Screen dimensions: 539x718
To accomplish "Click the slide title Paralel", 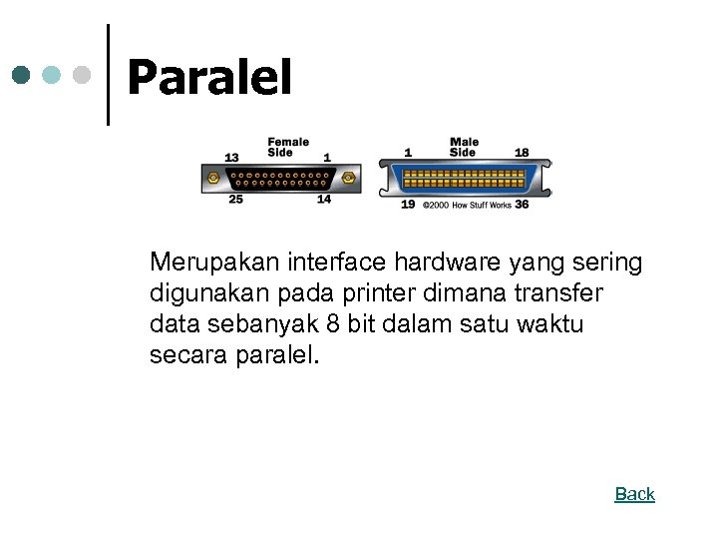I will click(209, 78).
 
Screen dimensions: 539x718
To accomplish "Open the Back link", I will click(634, 494).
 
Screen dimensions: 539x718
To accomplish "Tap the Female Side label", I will click(288, 147).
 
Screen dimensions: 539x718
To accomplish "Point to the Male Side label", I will click(463, 147).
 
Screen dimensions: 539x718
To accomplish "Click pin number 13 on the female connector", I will click(231, 157).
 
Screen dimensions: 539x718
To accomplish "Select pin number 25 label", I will click(235, 200).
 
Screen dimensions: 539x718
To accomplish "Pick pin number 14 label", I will click(324, 200).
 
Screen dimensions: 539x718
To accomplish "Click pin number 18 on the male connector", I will click(522, 153).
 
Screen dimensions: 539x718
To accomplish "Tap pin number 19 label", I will click(408, 205).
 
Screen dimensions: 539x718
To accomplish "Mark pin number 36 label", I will click(522, 205).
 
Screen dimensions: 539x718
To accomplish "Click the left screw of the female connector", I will click(212, 179).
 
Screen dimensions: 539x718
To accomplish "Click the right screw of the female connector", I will click(349, 179).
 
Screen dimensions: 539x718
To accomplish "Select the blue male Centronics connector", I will click(464, 179).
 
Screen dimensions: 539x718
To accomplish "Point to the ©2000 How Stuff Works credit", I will click(467, 205).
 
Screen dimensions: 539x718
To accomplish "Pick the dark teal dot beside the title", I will click(22, 75).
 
